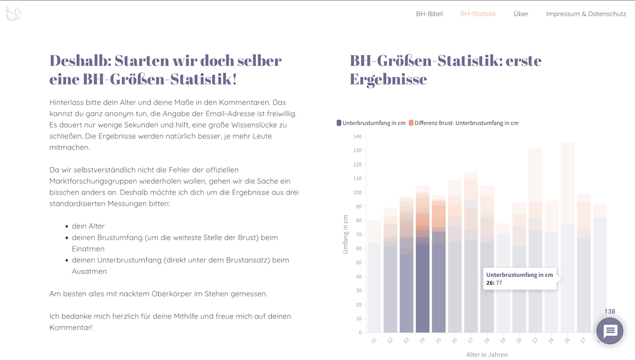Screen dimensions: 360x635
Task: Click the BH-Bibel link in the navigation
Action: [x=429, y=13]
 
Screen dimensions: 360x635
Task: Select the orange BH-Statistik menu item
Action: [x=478, y=13]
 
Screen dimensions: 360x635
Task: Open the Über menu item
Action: [x=521, y=13]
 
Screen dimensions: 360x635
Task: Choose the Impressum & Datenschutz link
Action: [x=585, y=13]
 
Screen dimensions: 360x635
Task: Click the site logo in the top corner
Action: [x=13, y=13]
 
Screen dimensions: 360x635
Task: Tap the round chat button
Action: [x=610, y=331]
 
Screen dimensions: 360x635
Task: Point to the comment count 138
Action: [x=610, y=311]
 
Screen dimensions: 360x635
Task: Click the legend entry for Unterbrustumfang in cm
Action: [x=371, y=123]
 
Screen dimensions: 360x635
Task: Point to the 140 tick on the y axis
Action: [x=357, y=137]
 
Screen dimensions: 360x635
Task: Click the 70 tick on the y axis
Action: [x=358, y=234]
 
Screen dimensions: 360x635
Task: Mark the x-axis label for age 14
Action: [x=422, y=341]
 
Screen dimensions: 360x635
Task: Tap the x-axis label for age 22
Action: [x=535, y=341]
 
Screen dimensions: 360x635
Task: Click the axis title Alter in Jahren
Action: [x=487, y=354]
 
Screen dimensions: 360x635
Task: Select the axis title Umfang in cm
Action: [x=346, y=234]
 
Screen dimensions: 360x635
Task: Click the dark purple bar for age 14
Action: [x=422, y=286]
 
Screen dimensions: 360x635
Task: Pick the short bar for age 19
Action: [x=503, y=279]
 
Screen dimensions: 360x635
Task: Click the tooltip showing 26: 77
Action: [x=519, y=278]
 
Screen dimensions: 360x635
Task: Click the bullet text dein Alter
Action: [x=88, y=226]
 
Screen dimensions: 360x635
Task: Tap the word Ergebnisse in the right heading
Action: [x=388, y=79]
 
